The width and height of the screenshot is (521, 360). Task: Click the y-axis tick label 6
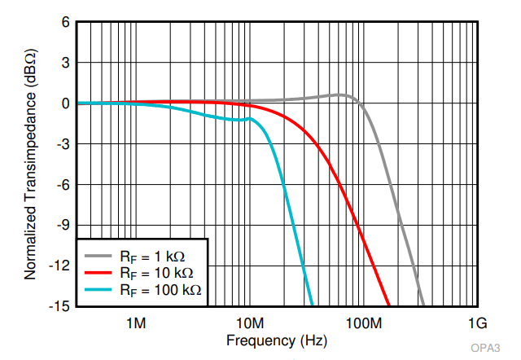(x=65, y=22)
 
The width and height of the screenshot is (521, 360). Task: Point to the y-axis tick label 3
(x=65, y=63)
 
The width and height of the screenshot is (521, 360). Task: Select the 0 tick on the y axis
(x=65, y=103)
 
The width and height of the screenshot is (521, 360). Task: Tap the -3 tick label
(x=63, y=144)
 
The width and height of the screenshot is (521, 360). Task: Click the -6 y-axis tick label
(x=63, y=185)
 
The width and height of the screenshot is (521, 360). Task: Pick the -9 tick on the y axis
(x=63, y=226)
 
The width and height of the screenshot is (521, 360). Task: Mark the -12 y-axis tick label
(x=59, y=266)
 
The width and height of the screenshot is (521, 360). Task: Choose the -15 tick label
(x=59, y=306)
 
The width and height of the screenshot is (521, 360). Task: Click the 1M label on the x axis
(x=136, y=323)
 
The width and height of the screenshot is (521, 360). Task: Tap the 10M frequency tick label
(x=250, y=323)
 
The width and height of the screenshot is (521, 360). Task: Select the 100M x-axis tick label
(x=364, y=323)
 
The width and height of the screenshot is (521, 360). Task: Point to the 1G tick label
(x=478, y=323)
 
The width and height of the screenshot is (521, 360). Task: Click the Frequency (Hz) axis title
(x=277, y=341)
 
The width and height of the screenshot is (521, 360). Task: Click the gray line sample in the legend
(x=98, y=256)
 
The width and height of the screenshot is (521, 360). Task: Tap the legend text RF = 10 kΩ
(x=156, y=273)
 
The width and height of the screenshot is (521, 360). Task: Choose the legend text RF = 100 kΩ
(x=160, y=290)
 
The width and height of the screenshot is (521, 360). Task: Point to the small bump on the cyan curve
(x=250, y=118)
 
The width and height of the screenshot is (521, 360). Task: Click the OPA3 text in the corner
(x=485, y=348)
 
